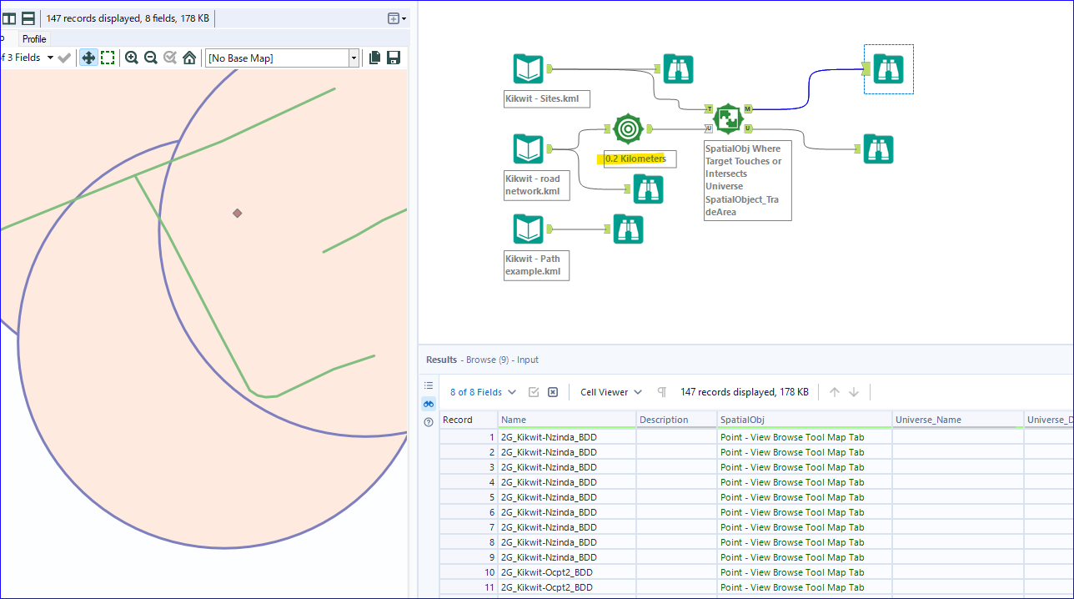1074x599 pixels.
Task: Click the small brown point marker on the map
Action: (238, 214)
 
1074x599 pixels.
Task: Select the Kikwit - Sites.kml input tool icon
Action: (529, 69)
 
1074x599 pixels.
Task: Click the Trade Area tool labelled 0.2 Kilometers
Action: (628, 128)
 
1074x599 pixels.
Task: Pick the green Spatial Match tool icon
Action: (728, 118)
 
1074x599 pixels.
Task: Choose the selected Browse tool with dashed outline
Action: (889, 69)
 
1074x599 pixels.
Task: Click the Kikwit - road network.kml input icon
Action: (529, 149)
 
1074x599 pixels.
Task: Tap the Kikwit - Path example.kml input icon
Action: (529, 229)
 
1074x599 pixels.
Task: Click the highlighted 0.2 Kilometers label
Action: (635, 159)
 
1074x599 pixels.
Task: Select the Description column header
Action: (665, 420)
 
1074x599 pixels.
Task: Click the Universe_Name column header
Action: (927, 420)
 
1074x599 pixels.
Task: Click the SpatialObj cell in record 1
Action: (792, 437)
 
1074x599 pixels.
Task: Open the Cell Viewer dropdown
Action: (612, 392)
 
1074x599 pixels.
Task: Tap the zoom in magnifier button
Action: (132, 58)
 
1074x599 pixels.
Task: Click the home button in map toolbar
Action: (189, 58)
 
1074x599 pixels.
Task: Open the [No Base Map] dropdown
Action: (282, 58)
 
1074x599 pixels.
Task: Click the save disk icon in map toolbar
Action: (394, 58)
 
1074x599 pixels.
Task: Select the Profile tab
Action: (34, 39)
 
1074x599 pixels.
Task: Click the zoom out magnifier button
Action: (151, 58)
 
